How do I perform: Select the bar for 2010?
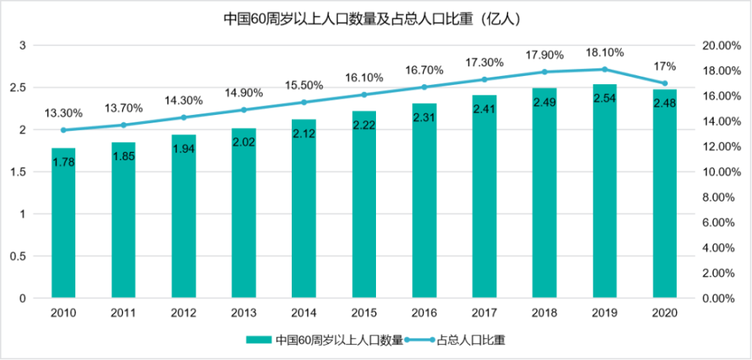point(63,225)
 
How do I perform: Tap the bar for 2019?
point(605,195)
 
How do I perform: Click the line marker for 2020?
point(665,83)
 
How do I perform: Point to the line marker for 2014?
point(304,102)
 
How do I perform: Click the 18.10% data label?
point(605,53)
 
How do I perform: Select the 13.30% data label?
point(63,113)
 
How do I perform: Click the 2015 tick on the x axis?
point(364,312)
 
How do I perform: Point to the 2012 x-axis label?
point(183,312)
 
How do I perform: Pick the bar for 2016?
point(424,203)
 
